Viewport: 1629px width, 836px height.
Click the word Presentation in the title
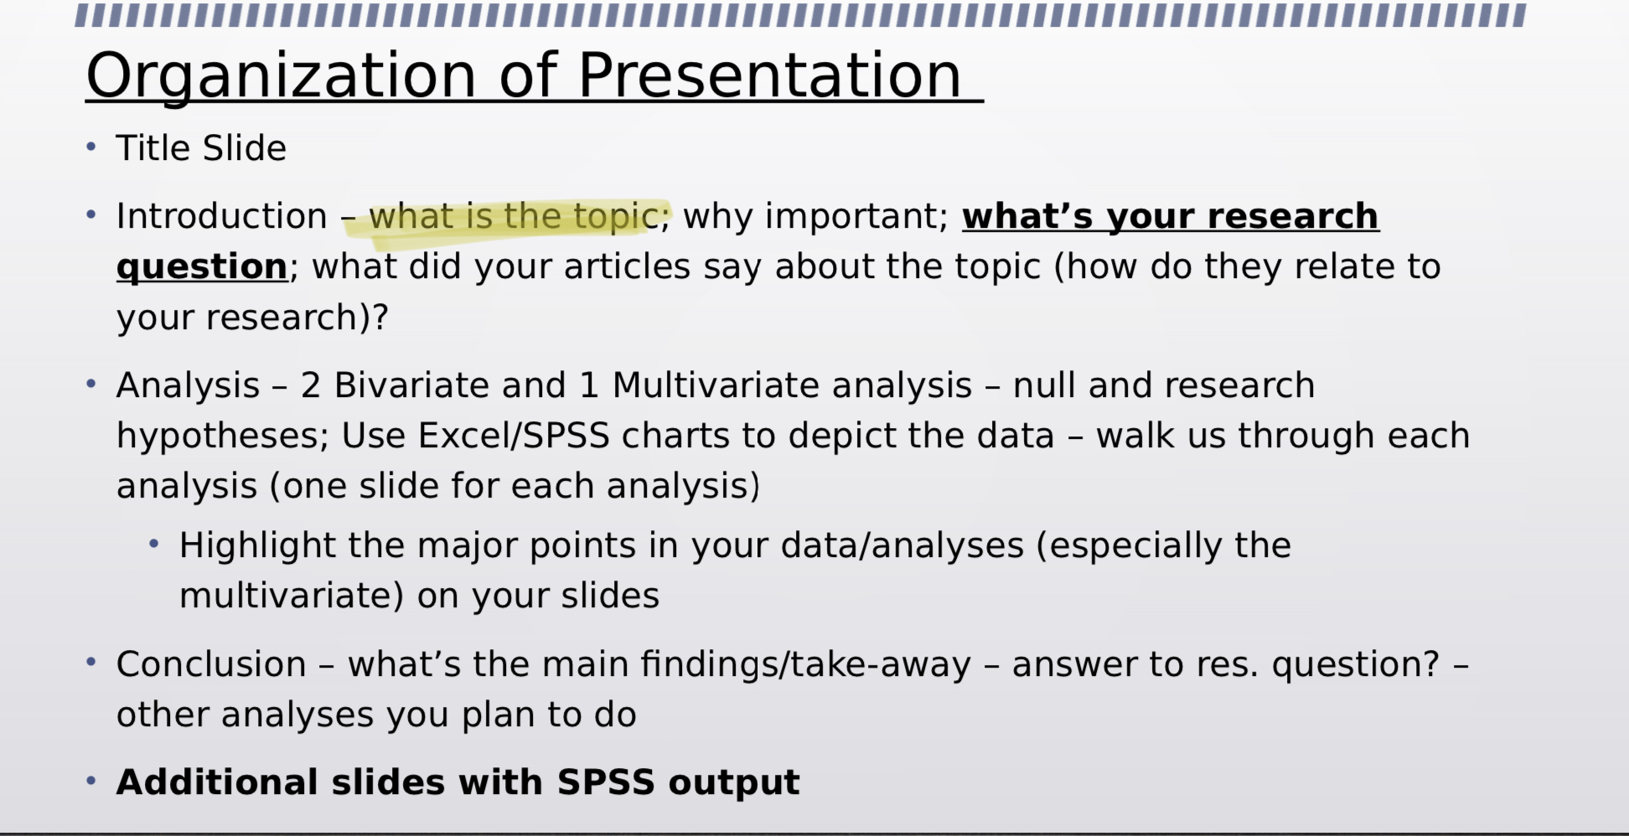[769, 76]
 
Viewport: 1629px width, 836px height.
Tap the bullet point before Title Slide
[91, 147]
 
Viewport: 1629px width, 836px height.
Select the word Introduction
[221, 216]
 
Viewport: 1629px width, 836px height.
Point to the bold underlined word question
[202, 267]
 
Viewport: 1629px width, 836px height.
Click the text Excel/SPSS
[513, 436]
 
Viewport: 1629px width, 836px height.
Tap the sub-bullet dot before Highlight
[153, 544]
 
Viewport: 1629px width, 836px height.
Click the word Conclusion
[211, 664]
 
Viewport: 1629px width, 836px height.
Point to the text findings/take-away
[805, 664]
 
